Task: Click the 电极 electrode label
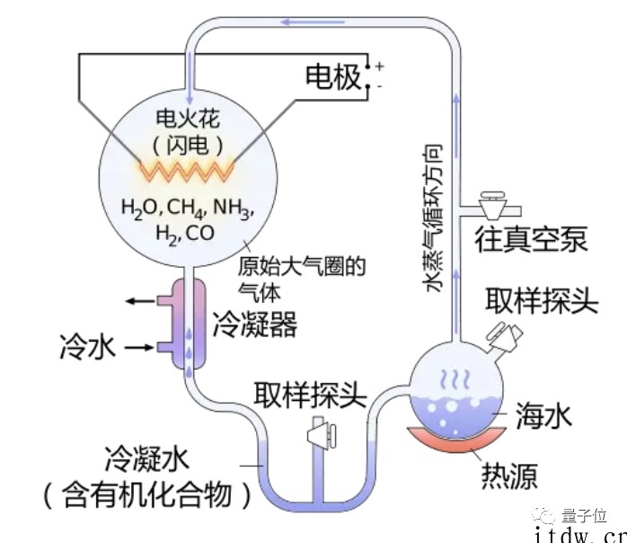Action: point(333,76)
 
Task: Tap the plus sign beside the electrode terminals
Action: point(379,66)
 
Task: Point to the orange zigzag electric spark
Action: point(186,172)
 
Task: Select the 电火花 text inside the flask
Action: point(188,118)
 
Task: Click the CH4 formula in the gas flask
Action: point(186,208)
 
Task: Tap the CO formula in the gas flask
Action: point(200,233)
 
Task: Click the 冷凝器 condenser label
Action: point(255,324)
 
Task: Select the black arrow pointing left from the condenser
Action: point(140,301)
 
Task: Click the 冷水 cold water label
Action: point(87,346)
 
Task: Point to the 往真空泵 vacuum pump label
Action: point(531,239)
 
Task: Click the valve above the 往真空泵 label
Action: point(492,205)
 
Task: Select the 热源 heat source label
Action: point(508,476)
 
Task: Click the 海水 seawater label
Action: point(543,415)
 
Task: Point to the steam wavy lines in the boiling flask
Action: point(455,379)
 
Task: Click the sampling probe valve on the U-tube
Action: point(321,434)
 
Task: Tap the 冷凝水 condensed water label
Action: point(146,458)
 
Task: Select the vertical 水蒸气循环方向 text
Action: point(433,218)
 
